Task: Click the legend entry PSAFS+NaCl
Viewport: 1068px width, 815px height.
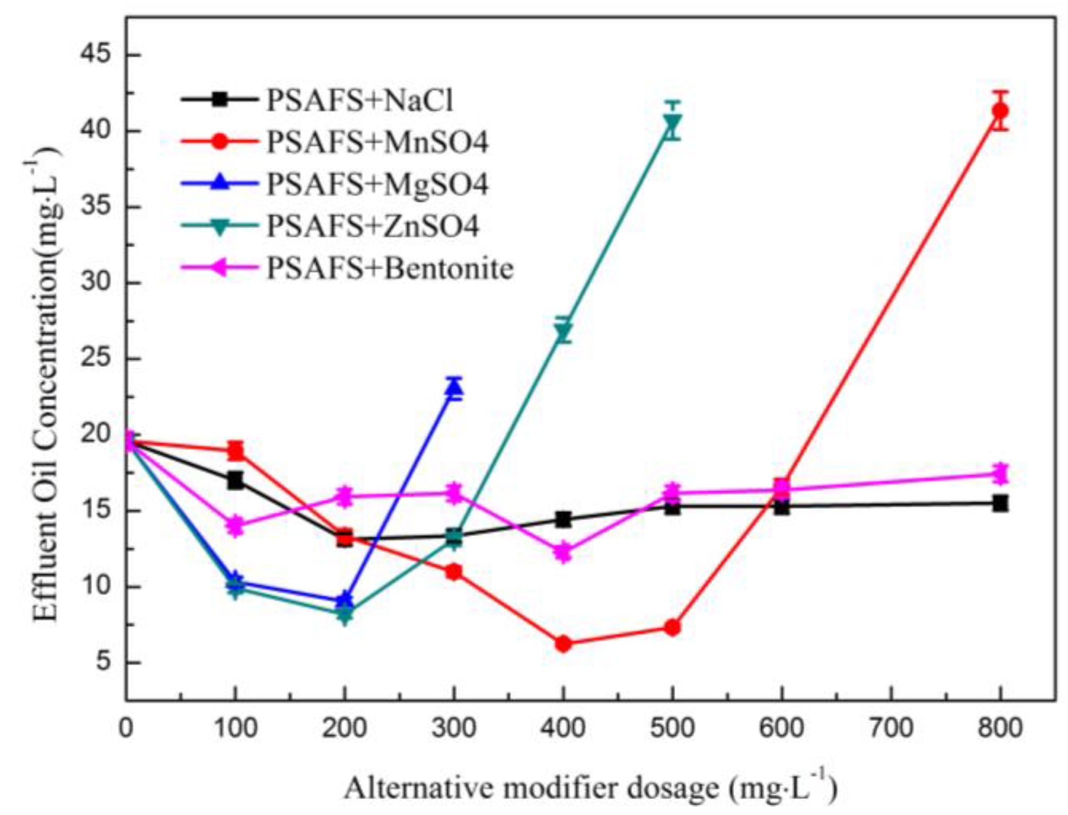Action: (x=359, y=100)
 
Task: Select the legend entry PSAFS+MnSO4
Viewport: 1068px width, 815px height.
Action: (x=376, y=142)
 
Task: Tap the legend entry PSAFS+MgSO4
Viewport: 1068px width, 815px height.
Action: (x=376, y=184)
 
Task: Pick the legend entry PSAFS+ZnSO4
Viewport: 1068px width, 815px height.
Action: (x=372, y=226)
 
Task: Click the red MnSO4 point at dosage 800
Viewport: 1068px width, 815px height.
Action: (x=1000, y=111)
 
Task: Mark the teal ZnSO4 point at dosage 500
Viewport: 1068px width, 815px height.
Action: (x=673, y=122)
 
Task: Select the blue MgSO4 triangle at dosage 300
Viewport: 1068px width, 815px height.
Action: (x=454, y=388)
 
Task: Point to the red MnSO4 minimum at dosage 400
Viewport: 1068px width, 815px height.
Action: (x=563, y=644)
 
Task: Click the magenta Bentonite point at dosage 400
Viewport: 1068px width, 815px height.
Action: (x=563, y=552)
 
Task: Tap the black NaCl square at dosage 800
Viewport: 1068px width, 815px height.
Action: (x=1000, y=503)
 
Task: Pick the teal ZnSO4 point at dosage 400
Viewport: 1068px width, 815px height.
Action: (x=563, y=331)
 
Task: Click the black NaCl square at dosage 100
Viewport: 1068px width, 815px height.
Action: (x=235, y=481)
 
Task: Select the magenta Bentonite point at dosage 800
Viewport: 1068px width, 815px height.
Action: (x=1000, y=473)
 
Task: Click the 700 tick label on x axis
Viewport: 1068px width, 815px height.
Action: (x=891, y=728)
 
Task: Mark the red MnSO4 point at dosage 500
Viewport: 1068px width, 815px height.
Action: (x=673, y=628)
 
